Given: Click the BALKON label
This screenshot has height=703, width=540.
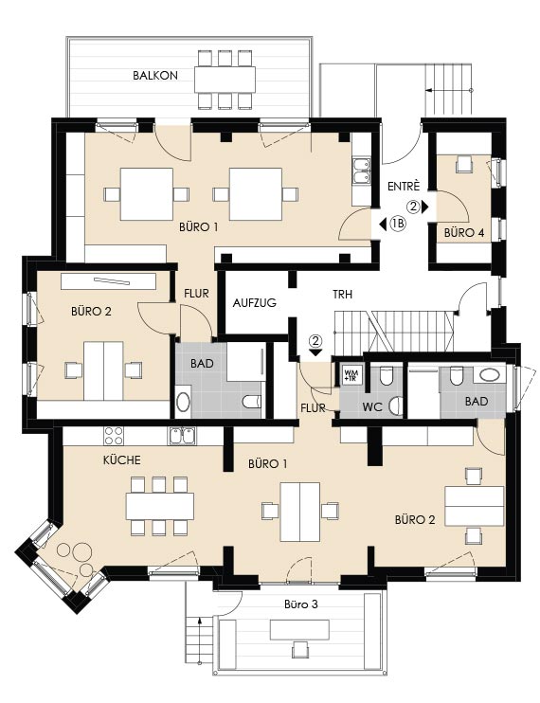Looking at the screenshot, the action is pos(155,76).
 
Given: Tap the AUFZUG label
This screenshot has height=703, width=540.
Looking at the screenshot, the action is pos(255,303).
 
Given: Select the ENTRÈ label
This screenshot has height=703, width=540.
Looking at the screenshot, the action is pos(404,186).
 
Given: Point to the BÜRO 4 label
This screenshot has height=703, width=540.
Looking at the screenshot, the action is pos(464,233).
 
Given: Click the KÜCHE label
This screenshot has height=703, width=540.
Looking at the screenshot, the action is pos(122,460).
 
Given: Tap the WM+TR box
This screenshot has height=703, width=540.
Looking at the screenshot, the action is pos(351,375).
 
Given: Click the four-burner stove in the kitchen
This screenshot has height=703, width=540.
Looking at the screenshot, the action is pos(114,435).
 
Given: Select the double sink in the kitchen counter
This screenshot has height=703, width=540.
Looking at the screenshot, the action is pos(182,435).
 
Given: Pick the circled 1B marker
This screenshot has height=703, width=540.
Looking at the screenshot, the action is pos(398,224).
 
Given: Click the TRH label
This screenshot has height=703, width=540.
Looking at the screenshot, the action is pos(342,295).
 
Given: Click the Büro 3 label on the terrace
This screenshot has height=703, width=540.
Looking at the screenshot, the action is pos(301,604).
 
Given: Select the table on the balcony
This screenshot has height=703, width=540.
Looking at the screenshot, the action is pos(225,80).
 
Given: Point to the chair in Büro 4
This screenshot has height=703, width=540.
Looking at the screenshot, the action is pos(465,164).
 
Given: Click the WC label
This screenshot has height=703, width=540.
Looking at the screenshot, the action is pos(372,407).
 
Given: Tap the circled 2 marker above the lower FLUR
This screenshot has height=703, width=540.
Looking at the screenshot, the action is pos(316,341).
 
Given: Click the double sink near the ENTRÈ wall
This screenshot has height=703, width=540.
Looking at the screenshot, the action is pos(361,171).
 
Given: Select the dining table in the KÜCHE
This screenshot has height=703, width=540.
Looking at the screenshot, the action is pos(160,506).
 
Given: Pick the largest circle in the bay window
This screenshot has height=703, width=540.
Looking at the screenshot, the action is pos(82,551).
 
